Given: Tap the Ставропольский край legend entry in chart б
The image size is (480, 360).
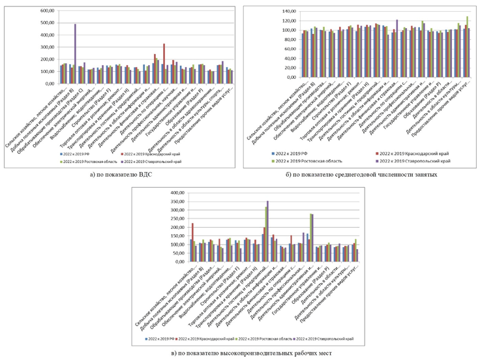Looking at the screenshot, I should [421, 160].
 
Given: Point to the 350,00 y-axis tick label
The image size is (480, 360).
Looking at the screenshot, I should [176, 202].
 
